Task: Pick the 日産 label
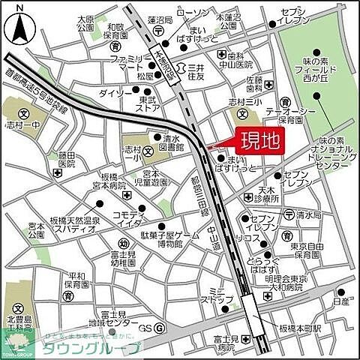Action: pos(342,303)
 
